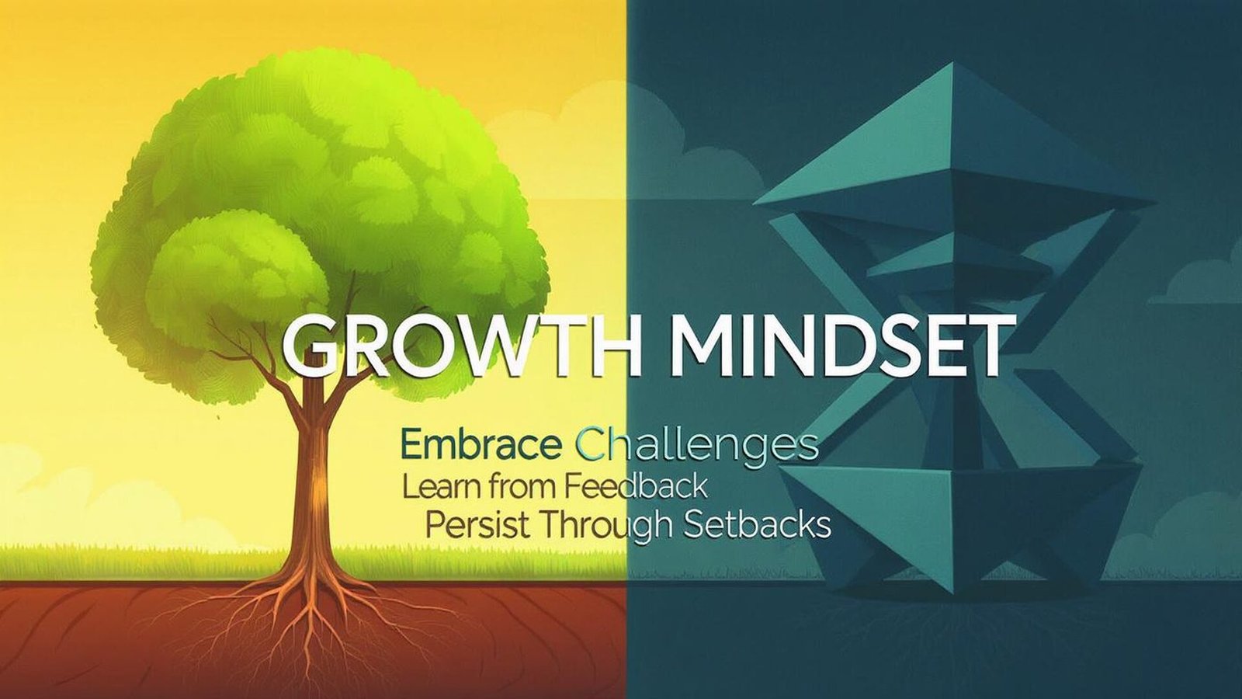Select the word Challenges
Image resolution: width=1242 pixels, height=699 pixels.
pos(699,447)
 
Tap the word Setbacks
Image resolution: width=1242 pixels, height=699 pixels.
pos(757,526)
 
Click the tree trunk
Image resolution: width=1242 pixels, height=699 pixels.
pos(314,482)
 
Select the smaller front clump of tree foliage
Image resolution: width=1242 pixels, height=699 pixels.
pos(233,272)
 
